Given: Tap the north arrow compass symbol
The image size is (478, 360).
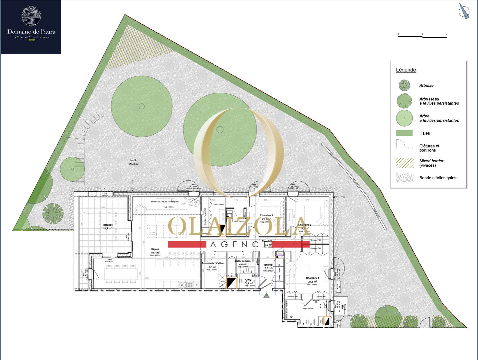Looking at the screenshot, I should pos(464,11).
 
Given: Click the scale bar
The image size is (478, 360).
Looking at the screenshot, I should pos(422,36).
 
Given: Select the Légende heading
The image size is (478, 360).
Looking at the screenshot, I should pos(406,70).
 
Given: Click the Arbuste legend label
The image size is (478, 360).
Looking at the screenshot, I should pos(426,86).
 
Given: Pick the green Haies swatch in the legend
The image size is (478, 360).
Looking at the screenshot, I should pos(404,133).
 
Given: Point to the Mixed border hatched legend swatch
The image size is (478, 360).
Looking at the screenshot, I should pos(404,163).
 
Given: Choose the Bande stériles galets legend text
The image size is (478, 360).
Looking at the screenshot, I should pos(438,178).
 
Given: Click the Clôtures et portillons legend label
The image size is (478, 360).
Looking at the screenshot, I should pos(429,148).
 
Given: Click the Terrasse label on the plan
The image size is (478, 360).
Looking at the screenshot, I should pos(107,225).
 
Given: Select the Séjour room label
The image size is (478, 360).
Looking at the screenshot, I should pos(155,249).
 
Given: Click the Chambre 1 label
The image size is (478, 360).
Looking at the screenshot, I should pos(312,278).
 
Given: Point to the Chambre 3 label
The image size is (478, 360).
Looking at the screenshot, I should pos(266,216).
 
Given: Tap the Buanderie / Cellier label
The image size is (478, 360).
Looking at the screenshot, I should pos(213,263).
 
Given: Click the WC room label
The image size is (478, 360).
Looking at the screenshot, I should pos(249,280).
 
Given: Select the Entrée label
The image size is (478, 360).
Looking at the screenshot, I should pos(268,265).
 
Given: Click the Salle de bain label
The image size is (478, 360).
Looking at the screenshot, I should pos(243,261).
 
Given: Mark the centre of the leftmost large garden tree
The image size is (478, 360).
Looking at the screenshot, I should pos(142,106).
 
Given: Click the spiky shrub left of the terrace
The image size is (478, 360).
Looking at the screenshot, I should pos(53,213).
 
